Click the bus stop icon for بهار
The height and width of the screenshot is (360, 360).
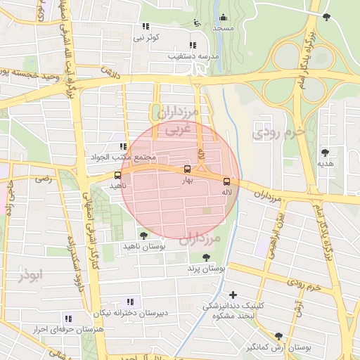187,169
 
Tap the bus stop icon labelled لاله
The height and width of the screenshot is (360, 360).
226,181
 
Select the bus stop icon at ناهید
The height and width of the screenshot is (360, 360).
117,175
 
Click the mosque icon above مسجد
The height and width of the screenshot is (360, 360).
224,18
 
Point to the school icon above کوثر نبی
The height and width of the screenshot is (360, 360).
146,26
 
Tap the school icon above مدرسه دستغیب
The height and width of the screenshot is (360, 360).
193,45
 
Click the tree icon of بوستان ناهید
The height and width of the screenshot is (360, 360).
144,236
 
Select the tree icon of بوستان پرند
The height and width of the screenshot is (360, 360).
206,257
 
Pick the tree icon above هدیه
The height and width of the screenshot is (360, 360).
325,152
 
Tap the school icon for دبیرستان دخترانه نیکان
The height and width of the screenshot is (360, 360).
129,302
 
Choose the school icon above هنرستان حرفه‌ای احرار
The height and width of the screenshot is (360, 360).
67,318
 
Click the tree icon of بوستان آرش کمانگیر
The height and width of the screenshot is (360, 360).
279,336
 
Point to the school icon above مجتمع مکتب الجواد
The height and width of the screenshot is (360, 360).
123,146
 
